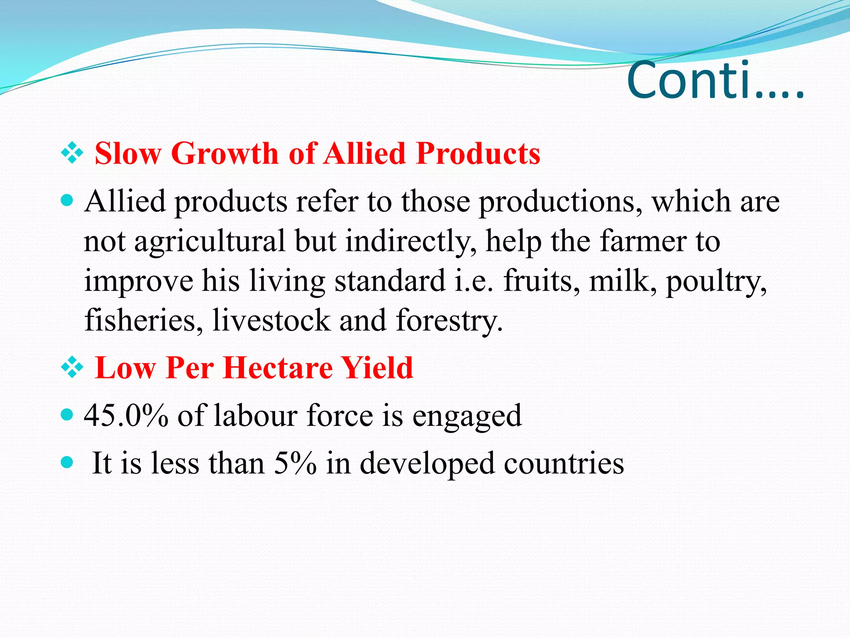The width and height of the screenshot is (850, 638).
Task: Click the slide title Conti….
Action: (x=715, y=81)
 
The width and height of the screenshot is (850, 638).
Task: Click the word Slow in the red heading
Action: (x=128, y=154)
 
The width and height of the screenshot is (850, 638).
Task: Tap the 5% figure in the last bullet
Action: (x=295, y=463)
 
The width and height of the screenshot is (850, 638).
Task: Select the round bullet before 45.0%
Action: (x=67, y=415)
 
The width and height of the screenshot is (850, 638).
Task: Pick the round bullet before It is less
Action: (x=67, y=462)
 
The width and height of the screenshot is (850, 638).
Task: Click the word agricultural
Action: (x=210, y=242)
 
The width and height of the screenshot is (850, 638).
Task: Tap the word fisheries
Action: (x=144, y=321)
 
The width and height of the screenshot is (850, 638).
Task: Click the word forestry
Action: (x=449, y=321)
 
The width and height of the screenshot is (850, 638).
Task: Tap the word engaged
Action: (x=467, y=416)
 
